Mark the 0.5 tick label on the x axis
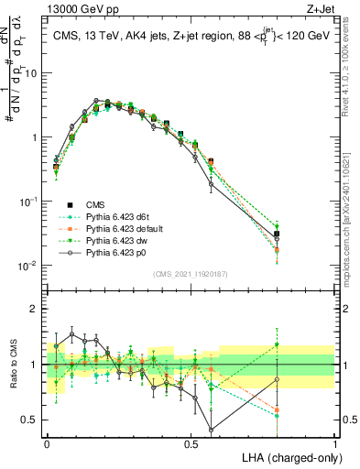[191, 442]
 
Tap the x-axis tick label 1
[335, 442]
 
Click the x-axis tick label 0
[47, 442]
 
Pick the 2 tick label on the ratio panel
[37, 309]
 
